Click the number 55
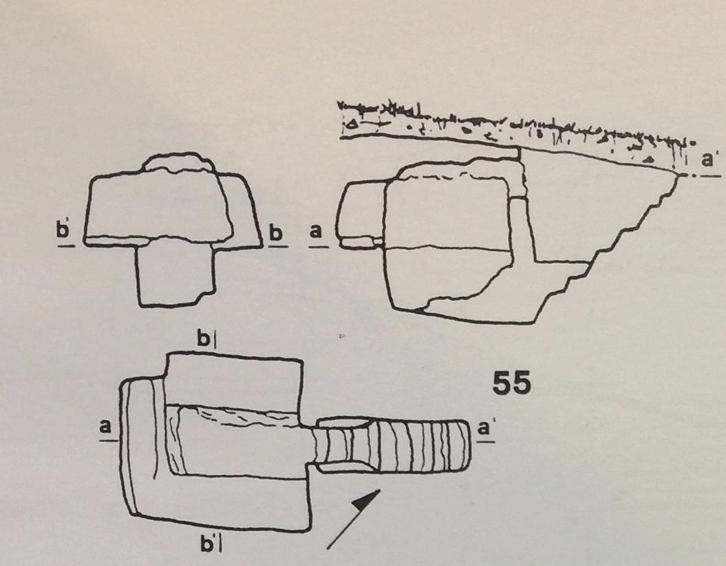(x=511, y=383)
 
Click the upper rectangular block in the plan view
(x=233, y=380)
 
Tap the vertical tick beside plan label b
(x=215, y=340)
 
